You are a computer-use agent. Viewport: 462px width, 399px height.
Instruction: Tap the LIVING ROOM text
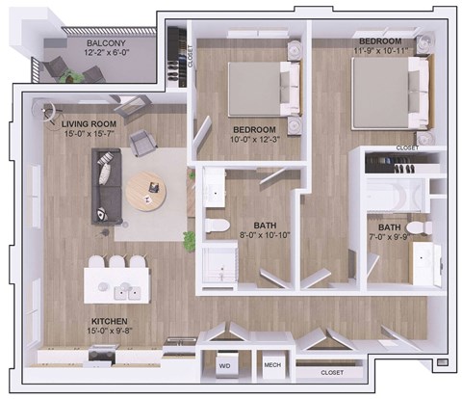pyautogui.click(x=89, y=124)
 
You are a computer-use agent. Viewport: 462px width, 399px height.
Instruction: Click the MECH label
pyautogui.click(x=272, y=367)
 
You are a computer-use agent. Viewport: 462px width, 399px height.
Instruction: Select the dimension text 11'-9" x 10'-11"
pyautogui.click(x=381, y=54)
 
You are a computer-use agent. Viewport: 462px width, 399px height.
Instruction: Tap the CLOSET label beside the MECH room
pyautogui.click(x=333, y=371)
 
